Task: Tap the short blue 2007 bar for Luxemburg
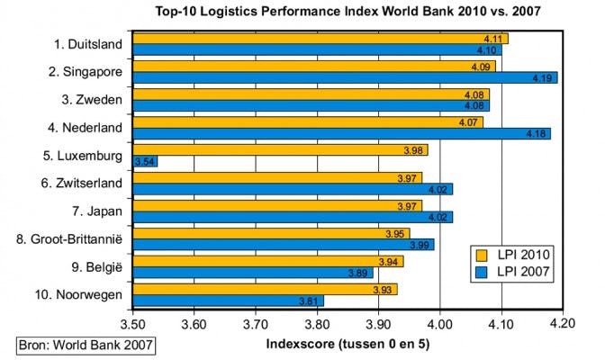point(145,161)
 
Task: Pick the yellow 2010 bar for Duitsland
point(320,38)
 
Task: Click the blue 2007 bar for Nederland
point(341,133)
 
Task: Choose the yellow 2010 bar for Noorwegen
point(265,288)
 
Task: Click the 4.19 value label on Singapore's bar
point(545,77)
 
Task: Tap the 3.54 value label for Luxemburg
point(144,161)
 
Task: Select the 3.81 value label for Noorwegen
point(311,301)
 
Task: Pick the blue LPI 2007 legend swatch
point(483,270)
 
